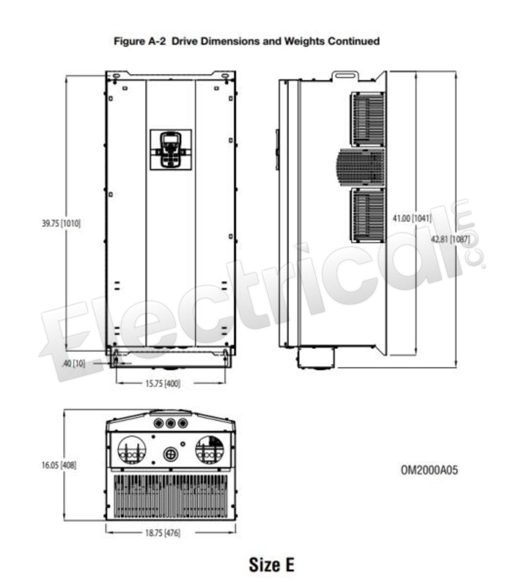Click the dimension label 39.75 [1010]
point(61,223)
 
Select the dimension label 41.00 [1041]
point(412,218)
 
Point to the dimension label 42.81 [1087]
point(450,239)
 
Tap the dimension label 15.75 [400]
point(163,383)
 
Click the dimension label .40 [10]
point(74,363)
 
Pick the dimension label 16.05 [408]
point(59,465)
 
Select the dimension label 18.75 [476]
point(163,533)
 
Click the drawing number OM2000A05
point(429,470)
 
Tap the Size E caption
point(272,565)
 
